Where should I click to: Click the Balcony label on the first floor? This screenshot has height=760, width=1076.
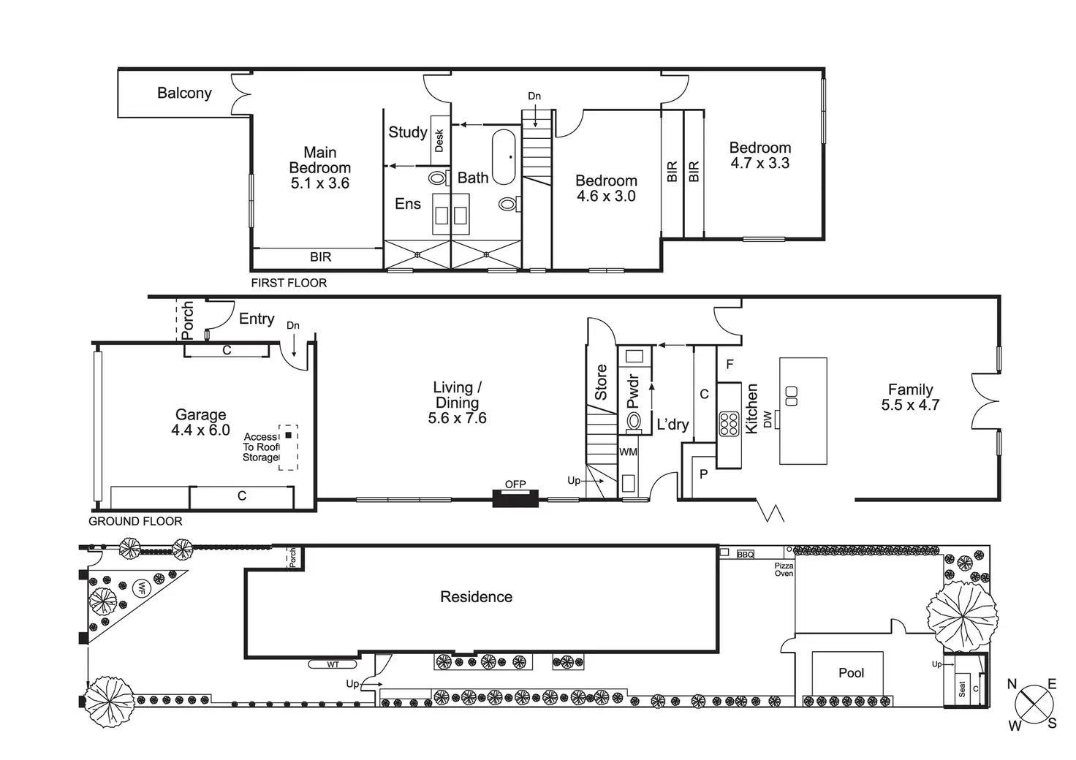click(184, 93)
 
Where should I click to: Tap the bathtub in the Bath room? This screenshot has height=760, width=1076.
click(504, 157)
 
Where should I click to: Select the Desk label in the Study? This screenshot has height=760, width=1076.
click(439, 140)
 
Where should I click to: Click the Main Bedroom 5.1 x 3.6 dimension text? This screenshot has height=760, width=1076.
click(320, 183)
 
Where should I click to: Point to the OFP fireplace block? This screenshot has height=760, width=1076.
click(515, 499)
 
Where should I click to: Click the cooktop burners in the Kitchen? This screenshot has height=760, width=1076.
click(729, 424)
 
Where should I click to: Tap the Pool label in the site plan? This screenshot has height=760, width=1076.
click(851, 673)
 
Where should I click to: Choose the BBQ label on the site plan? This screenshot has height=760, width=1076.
click(746, 555)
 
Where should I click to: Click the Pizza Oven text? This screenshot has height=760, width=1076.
click(784, 569)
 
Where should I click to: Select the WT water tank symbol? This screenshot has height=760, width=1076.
click(333, 664)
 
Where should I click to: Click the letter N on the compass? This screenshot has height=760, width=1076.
click(1012, 685)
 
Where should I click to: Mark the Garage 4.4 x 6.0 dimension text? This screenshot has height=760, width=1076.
click(200, 430)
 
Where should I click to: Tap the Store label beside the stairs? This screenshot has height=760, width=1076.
click(601, 381)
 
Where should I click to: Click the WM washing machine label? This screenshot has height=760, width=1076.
click(628, 452)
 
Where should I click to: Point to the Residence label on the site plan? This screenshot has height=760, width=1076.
click(476, 597)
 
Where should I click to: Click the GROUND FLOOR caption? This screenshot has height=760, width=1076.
click(135, 521)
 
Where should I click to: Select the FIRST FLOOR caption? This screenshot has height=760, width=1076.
click(289, 283)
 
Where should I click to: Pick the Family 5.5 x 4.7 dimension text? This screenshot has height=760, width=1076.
click(910, 405)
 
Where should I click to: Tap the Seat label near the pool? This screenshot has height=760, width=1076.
click(962, 688)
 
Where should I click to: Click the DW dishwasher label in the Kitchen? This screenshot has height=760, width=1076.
click(768, 419)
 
